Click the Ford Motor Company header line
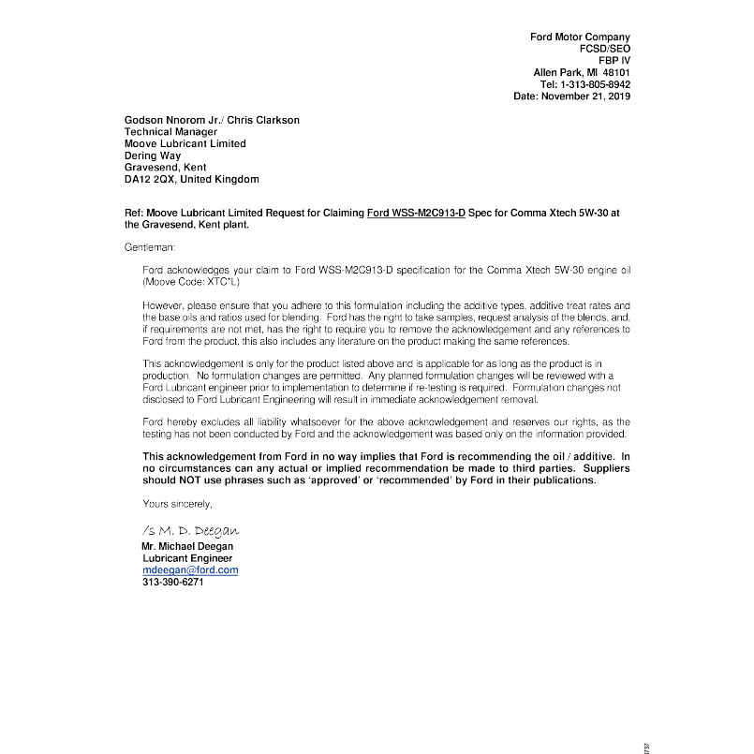[x=580, y=37]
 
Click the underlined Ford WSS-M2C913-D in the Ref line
[x=416, y=214]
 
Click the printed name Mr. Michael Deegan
[x=187, y=546]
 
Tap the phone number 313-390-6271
[x=172, y=582]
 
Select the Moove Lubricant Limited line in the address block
[x=185, y=144]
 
